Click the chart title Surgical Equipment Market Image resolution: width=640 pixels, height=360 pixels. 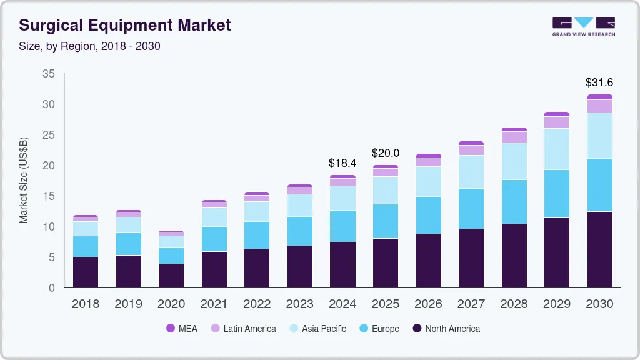pos(125,25)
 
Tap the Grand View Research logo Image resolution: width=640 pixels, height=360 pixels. pos(583,26)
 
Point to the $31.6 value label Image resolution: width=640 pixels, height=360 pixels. pos(599,82)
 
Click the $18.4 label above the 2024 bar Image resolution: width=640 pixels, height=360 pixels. pos(342,163)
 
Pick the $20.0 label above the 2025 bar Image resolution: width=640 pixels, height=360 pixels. pos(386,153)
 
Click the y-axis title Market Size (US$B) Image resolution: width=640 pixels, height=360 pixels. pos(24,180)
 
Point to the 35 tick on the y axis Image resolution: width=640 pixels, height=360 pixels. pos(49,74)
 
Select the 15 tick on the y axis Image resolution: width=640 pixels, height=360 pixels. pos(49,196)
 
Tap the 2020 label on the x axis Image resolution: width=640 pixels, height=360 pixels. pos(171,304)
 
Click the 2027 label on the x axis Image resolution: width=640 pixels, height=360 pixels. pos(471,304)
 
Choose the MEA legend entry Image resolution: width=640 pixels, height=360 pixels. pos(182,329)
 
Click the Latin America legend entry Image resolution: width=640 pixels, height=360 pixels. pos(243,329)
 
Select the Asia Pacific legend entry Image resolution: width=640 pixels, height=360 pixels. pos(317,329)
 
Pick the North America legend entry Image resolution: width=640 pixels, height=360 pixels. pos(446,329)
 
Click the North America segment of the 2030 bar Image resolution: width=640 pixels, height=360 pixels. pos(599,249)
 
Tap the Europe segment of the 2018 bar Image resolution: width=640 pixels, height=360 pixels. pos(86,246)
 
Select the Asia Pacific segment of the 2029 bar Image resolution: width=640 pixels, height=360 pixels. pos(557,149)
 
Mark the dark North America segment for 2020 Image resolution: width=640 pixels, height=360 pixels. pos(171,276)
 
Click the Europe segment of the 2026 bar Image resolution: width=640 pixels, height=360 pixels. pos(428,215)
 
